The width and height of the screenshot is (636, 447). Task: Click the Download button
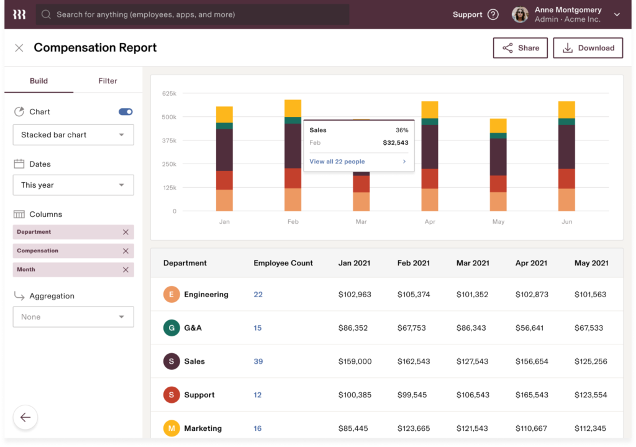pos(588,48)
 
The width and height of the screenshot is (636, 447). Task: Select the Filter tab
pos(107,81)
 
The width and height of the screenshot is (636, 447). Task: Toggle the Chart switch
pos(125,112)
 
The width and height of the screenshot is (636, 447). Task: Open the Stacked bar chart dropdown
pos(73,135)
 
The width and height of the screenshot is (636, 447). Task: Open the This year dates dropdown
pos(73,185)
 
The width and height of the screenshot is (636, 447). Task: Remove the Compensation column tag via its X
pos(125,251)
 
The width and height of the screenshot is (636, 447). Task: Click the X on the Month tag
pos(125,270)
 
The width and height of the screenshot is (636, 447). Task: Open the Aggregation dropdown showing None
pos(73,317)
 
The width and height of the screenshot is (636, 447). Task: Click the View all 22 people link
pos(337,162)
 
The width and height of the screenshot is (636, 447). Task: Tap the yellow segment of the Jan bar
pos(224,114)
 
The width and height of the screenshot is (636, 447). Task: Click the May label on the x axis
pos(498,222)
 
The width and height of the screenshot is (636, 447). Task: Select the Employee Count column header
pos(283,263)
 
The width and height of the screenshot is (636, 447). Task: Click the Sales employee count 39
pos(258,361)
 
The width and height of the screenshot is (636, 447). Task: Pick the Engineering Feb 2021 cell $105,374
pos(413,295)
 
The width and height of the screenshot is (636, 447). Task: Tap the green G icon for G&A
pos(171,328)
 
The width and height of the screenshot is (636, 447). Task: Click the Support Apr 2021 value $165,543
pos(531,395)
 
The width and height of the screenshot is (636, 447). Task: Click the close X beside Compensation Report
pos(19,48)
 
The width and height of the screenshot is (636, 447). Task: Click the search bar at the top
pos(193,14)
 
